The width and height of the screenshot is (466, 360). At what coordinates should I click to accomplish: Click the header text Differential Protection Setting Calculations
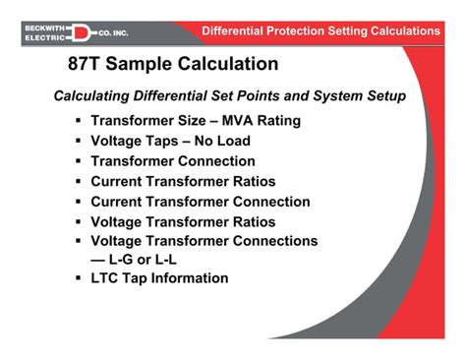320,31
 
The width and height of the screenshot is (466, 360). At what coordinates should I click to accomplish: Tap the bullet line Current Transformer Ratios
183,181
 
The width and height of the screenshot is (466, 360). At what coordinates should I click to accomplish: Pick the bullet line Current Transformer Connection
200,202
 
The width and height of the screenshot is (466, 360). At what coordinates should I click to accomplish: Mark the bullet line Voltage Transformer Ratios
183,221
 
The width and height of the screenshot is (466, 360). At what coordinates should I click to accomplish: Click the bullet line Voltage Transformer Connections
204,240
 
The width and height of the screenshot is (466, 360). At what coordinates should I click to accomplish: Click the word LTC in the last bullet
105,278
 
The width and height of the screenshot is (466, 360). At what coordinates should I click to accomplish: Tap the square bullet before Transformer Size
78,122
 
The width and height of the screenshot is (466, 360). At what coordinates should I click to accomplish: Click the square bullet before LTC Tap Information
78,278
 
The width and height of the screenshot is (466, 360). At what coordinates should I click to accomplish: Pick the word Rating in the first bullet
275,122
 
